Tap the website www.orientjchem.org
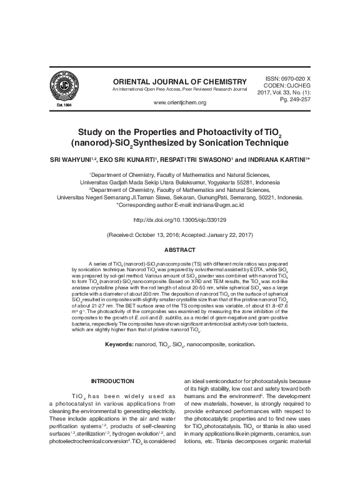tap(180, 102)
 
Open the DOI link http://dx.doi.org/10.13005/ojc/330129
tap(179, 220)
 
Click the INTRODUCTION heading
tap(112, 381)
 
